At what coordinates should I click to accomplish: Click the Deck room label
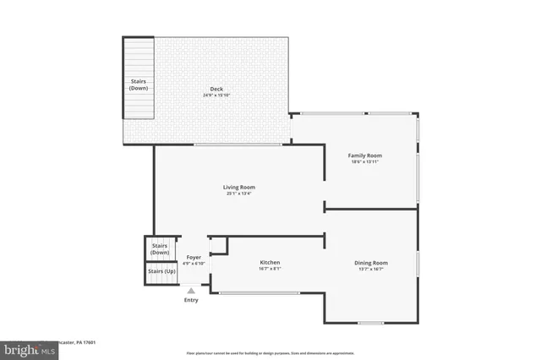[x=217, y=89]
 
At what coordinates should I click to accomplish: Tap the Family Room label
[x=366, y=155]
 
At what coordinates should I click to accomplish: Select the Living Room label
[x=239, y=187]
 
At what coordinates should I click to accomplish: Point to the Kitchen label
[x=270, y=263]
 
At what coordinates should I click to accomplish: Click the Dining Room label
[x=371, y=263]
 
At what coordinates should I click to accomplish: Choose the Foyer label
[x=194, y=258]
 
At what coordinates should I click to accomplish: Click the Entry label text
[x=191, y=300]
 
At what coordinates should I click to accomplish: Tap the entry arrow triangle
[x=191, y=291]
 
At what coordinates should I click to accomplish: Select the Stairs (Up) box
[x=161, y=272]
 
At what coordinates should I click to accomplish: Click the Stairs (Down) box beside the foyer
[x=160, y=249]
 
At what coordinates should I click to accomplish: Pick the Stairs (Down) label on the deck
[x=139, y=85]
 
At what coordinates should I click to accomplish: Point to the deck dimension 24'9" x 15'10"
[x=217, y=95]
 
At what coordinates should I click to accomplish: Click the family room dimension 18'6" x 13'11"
[x=366, y=162]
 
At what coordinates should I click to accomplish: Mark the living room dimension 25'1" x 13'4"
[x=239, y=194]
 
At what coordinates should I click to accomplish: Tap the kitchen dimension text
[x=270, y=270]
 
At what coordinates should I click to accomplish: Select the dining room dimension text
[x=371, y=270]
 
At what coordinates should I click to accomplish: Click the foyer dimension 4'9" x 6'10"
[x=194, y=264]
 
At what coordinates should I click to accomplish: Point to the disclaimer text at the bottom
[x=270, y=352]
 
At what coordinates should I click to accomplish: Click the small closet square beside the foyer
[x=217, y=245]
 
